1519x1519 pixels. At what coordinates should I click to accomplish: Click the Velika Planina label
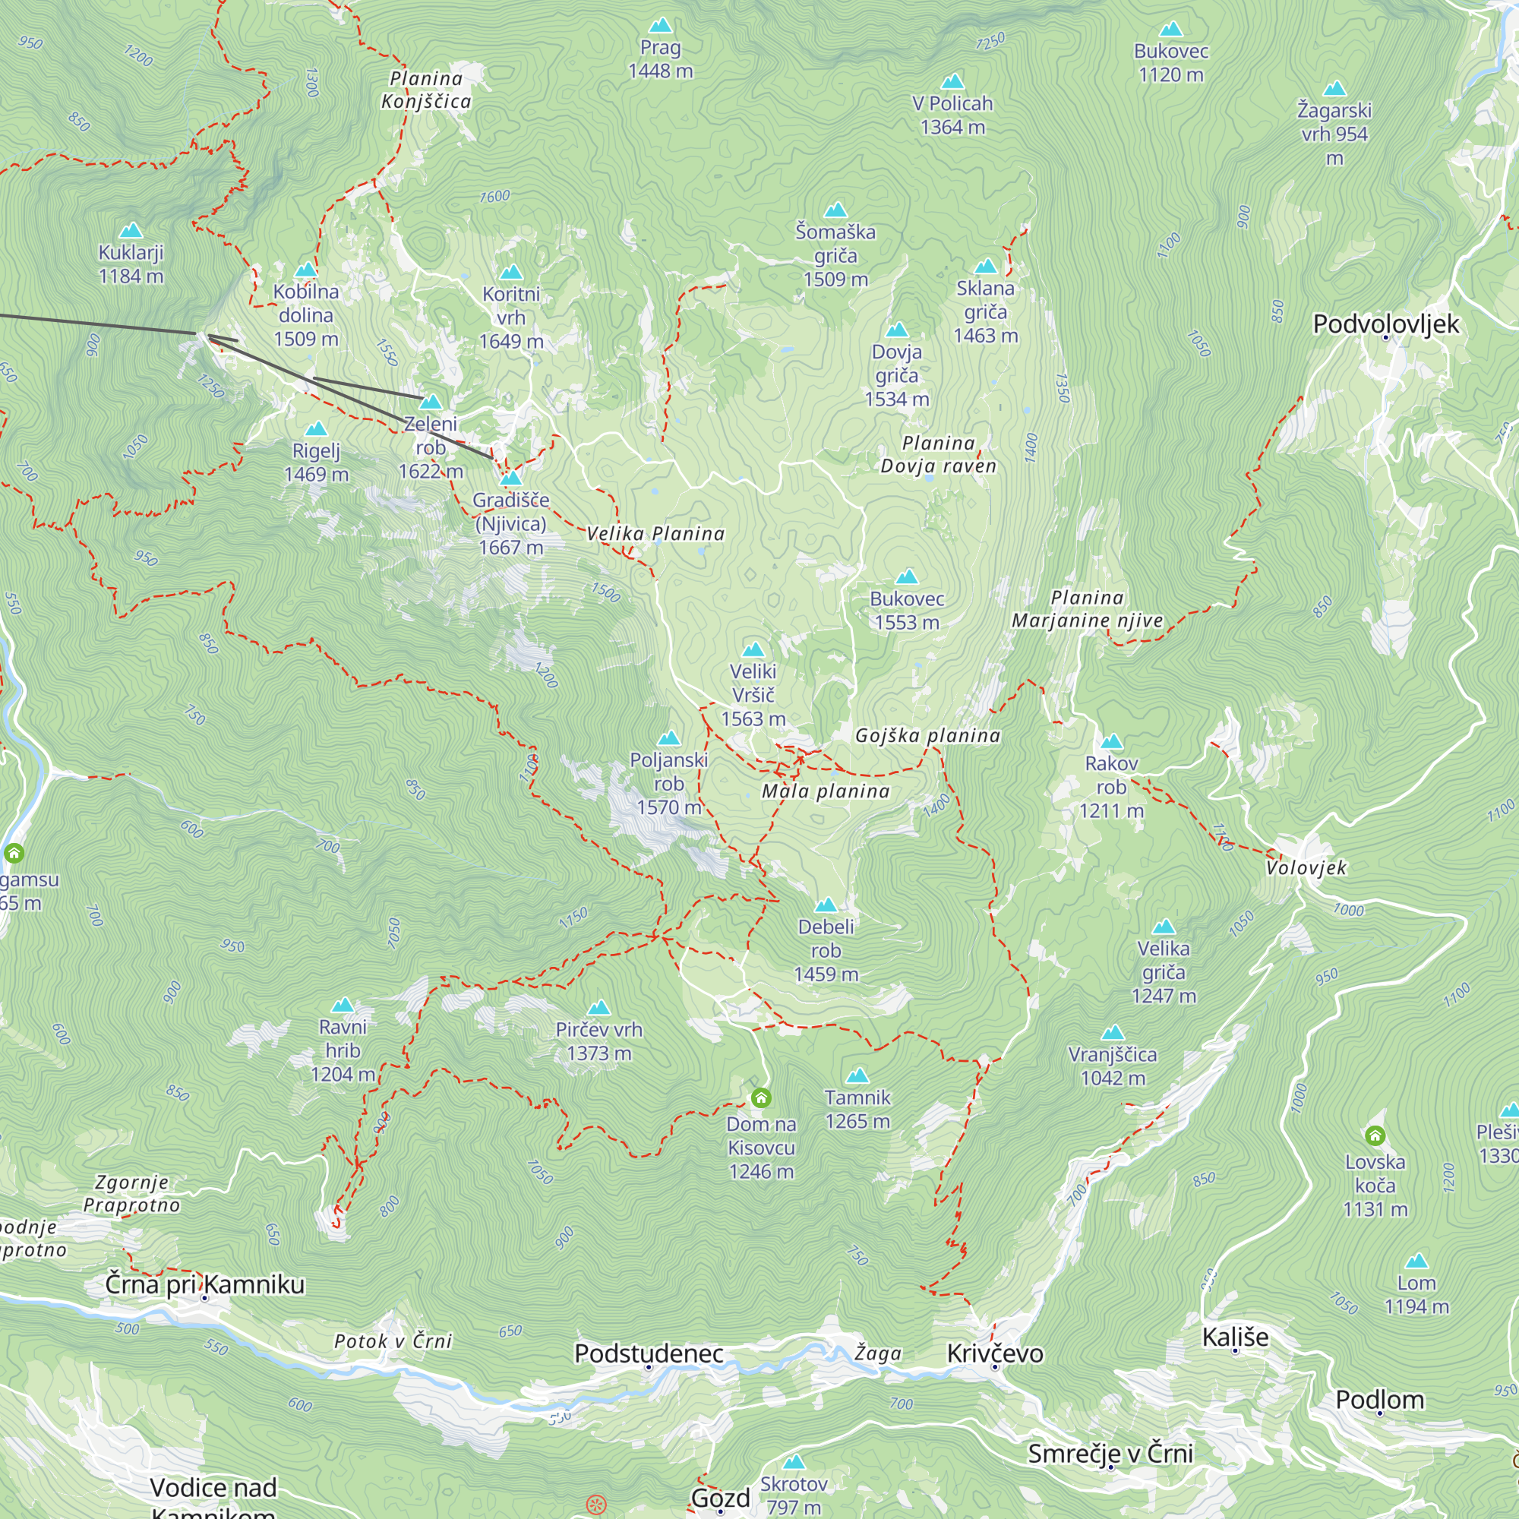[x=655, y=534]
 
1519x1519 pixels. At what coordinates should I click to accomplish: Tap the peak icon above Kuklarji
[x=131, y=230]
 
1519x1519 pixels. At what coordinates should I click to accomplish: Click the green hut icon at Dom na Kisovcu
[x=760, y=1097]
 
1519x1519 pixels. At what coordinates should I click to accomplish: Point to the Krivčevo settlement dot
[x=995, y=1367]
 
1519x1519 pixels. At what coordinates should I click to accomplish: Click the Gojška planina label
[x=928, y=736]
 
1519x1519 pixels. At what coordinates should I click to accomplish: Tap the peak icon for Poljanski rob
[x=669, y=737]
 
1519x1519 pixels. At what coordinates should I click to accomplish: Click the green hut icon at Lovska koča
[x=1375, y=1135]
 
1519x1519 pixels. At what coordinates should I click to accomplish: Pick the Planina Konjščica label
[x=426, y=90]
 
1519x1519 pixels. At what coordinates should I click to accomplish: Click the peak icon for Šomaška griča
[x=835, y=210]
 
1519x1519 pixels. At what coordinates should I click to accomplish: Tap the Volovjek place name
[x=1306, y=868]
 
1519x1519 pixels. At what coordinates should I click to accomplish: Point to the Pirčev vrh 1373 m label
[x=599, y=1041]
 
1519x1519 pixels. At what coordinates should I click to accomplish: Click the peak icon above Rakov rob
[x=1111, y=741]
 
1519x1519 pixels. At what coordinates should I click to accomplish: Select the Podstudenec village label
[x=649, y=1353]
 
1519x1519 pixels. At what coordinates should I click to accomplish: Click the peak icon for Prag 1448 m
[x=661, y=26]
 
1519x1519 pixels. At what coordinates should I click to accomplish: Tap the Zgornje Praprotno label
[x=132, y=1193]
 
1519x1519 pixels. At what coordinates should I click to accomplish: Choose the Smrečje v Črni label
[x=1110, y=1453]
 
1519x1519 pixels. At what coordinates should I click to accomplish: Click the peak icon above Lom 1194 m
[x=1416, y=1261]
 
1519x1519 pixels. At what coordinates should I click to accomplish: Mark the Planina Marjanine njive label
[x=1088, y=609]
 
